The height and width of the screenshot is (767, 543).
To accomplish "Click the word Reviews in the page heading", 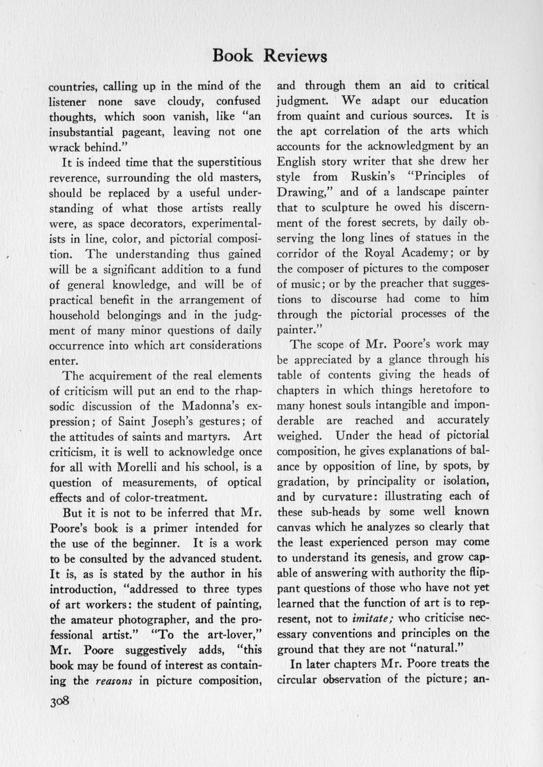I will (x=295, y=56).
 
